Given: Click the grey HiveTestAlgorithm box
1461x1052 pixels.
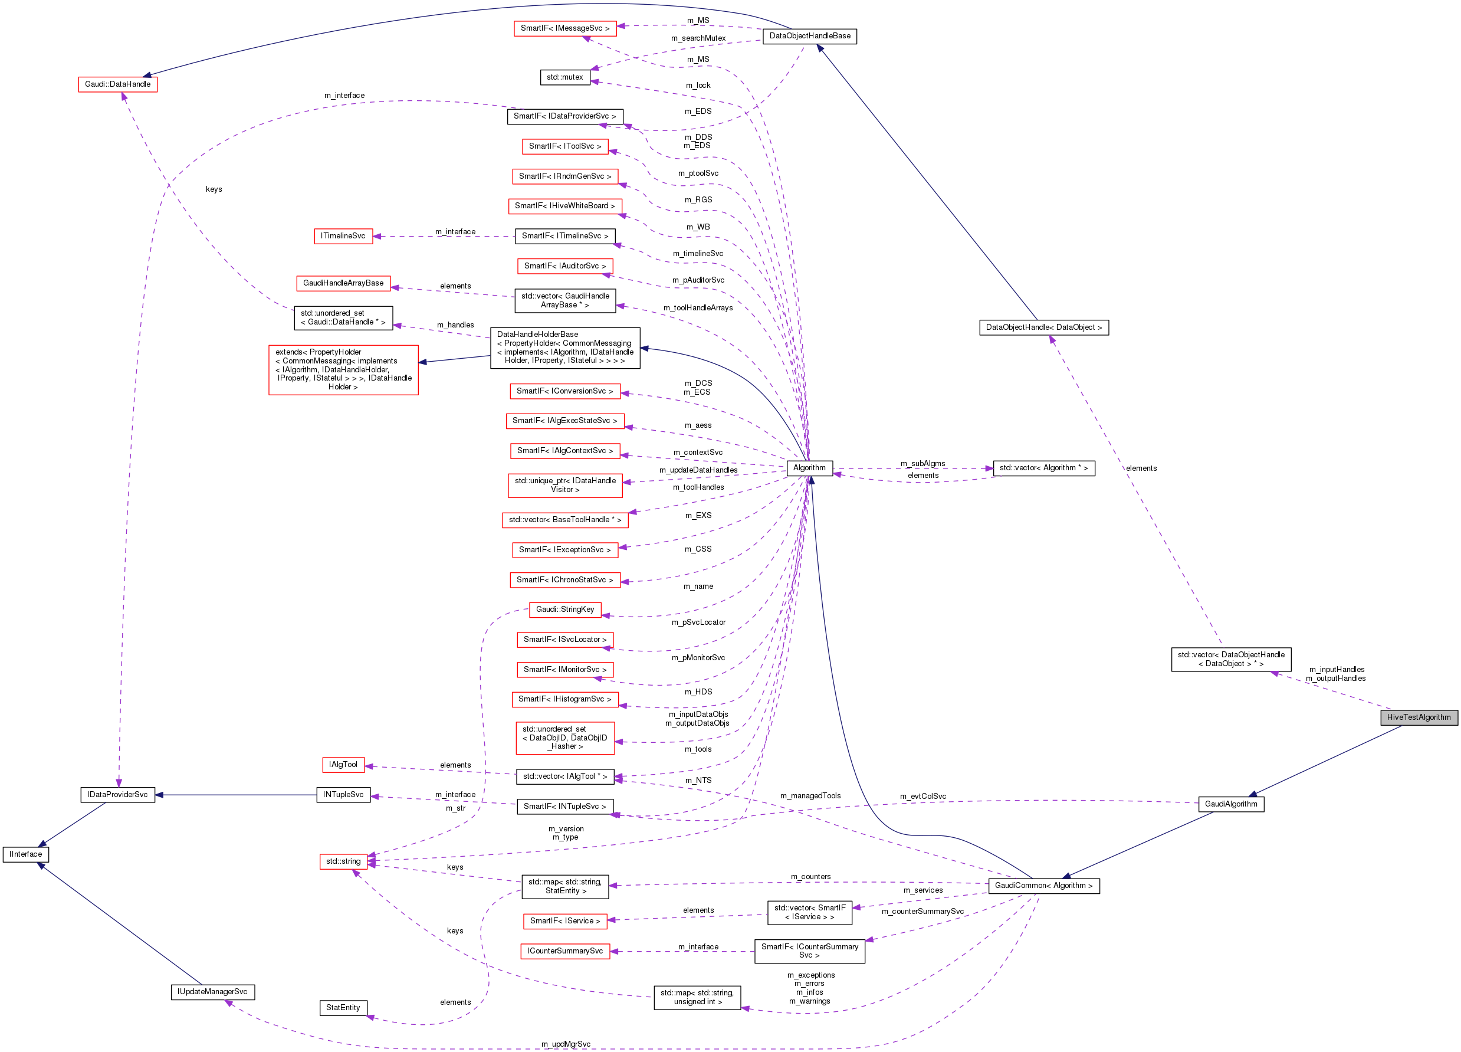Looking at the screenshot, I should point(1418,717).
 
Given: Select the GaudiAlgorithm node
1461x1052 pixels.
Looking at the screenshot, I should point(1230,804).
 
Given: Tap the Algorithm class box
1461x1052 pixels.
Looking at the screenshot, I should point(809,468).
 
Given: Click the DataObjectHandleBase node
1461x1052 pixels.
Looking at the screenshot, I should point(809,36).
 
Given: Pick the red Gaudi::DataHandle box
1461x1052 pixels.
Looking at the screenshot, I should point(117,84).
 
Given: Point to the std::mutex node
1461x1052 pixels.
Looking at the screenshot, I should point(564,77).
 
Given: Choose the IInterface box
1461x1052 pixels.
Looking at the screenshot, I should point(26,854).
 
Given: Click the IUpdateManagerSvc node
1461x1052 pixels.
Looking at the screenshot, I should point(212,991).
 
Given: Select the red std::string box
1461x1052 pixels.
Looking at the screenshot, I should point(343,861).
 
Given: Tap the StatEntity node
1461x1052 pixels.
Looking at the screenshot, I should point(343,1008).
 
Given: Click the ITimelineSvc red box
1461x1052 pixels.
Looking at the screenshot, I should point(343,236).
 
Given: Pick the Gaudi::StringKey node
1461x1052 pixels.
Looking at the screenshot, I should point(564,609).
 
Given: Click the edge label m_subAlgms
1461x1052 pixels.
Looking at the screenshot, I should point(922,463).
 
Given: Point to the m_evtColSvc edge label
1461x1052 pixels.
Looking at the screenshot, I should point(922,797).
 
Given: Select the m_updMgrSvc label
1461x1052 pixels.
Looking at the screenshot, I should point(566,1044).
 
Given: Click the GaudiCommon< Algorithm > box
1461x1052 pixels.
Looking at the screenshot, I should point(1043,886).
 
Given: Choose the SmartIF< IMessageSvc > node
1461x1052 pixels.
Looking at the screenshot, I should point(564,28).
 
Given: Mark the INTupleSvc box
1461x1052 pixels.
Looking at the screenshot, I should point(343,795).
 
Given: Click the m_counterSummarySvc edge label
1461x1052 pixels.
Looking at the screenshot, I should point(922,912).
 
